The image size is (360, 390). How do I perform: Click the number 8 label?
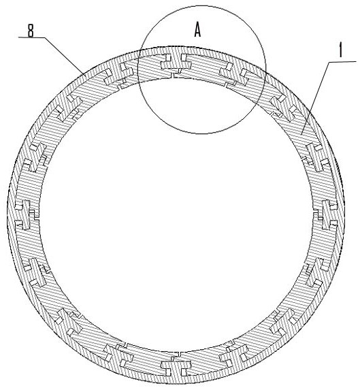tap(31, 31)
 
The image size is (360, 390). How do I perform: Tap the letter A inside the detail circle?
tap(197, 30)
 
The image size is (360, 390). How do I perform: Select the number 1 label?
tap(341, 50)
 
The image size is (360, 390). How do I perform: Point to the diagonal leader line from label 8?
tap(64, 55)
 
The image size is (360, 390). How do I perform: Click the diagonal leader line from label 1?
tap(315, 98)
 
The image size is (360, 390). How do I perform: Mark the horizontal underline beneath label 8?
tap(31, 37)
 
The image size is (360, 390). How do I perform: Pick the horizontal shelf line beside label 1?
tap(342, 62)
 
